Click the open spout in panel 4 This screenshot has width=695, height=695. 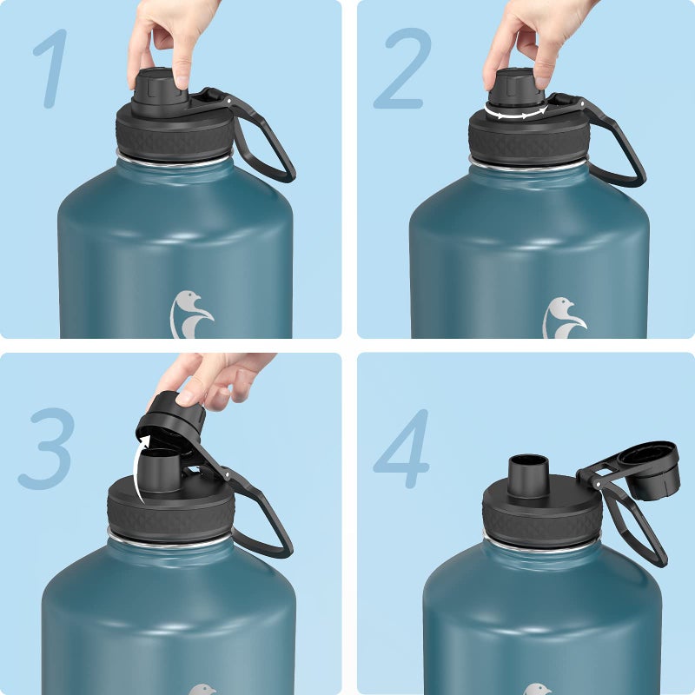[528, 476]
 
